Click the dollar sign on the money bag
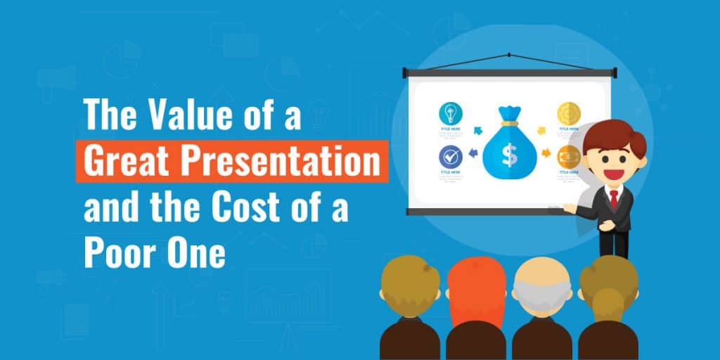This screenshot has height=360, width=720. coord(509,153)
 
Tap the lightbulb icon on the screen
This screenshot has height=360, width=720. coord(450,113)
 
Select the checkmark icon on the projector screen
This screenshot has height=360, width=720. coord(450,156)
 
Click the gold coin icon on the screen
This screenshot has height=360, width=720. coord(568,113)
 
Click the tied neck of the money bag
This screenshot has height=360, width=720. coord(508,123)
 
